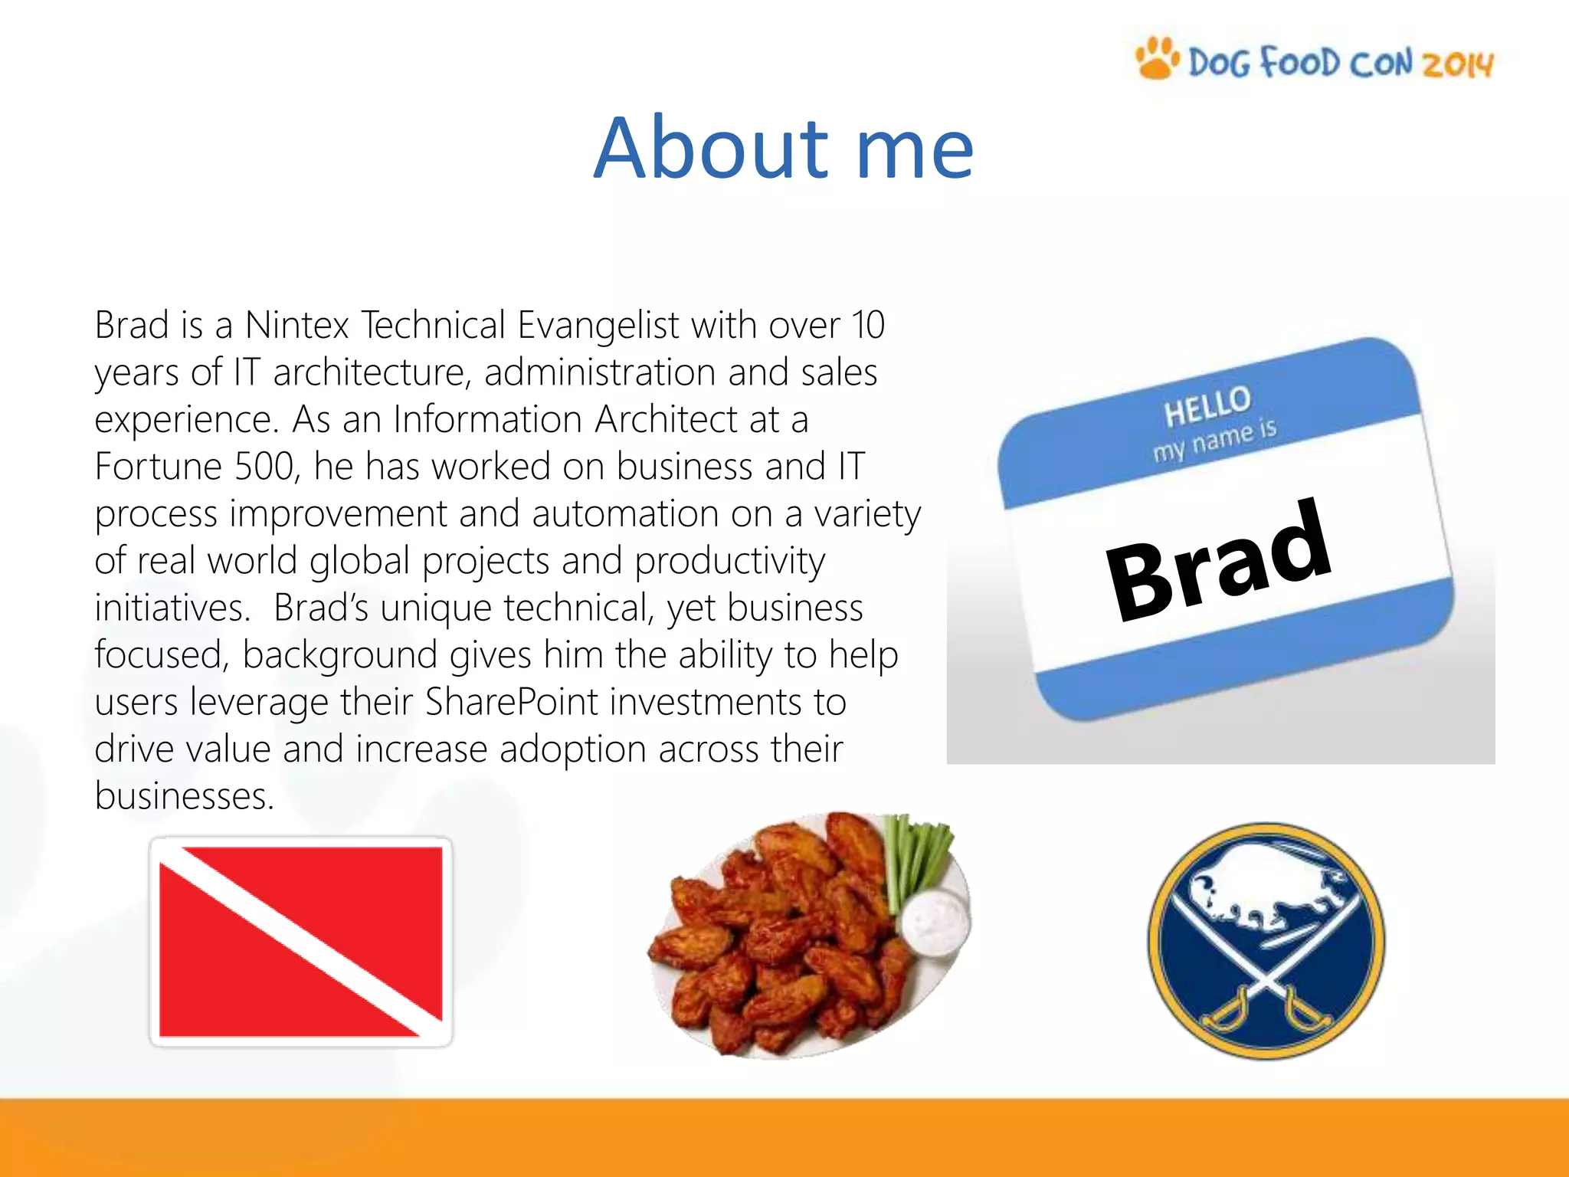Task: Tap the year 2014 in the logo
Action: coord(1458,64)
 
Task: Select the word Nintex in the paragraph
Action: coord(297,325)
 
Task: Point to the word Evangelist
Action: coord(598,325)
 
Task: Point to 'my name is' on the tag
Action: coord(1215,442)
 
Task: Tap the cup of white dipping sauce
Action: coord(935,923)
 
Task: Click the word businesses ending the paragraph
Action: coord(184,796)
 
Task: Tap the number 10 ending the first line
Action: coord(868,325)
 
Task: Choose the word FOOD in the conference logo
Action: coord(1300,62)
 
